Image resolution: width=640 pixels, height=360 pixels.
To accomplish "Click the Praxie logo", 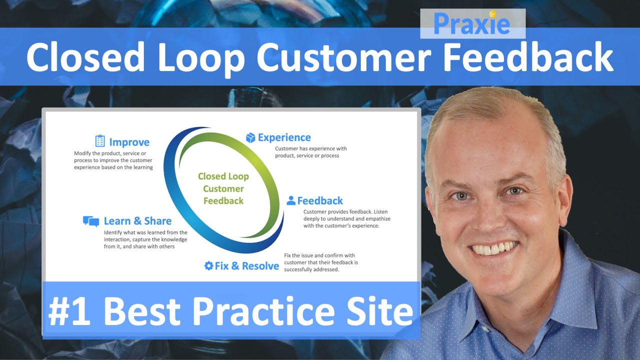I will coord(471,23).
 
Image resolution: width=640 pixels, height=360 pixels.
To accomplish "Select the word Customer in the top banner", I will coord(344,57).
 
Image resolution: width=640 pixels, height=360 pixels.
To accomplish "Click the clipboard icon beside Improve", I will coord(100,141).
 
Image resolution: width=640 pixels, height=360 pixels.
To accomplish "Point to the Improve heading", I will coord(129,142).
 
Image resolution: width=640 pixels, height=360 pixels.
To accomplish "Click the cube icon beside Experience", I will coord(250,137).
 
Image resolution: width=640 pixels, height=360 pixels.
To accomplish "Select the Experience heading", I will coord(284,137).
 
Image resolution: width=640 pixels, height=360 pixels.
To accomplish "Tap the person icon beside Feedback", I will coord(290,200).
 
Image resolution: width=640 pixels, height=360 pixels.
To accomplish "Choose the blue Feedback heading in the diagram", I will coord(320,201).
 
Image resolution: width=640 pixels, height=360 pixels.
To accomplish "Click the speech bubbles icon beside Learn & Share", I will coord(91,221).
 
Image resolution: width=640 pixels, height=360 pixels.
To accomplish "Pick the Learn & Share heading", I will coord(137,221).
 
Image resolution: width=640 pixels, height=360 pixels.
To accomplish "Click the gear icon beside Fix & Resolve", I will coord(208,265).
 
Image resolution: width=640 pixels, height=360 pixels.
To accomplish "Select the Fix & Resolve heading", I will coord(246,266).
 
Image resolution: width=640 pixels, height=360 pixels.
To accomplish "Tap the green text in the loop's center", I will coord(223,188).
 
